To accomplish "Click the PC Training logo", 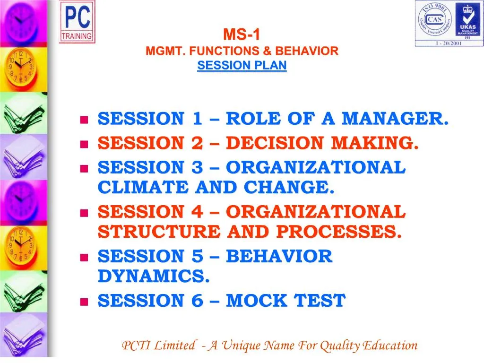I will (77, 22).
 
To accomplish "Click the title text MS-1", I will (242, 35).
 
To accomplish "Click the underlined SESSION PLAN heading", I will (242, 66).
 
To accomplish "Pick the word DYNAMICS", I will (154, 277).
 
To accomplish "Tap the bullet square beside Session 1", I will (85, 120).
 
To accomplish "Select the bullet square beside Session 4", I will (85, 213).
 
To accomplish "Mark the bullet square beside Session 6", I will (85, 302).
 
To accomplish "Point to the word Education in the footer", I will (390, 346).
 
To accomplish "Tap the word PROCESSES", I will (339, 232).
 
